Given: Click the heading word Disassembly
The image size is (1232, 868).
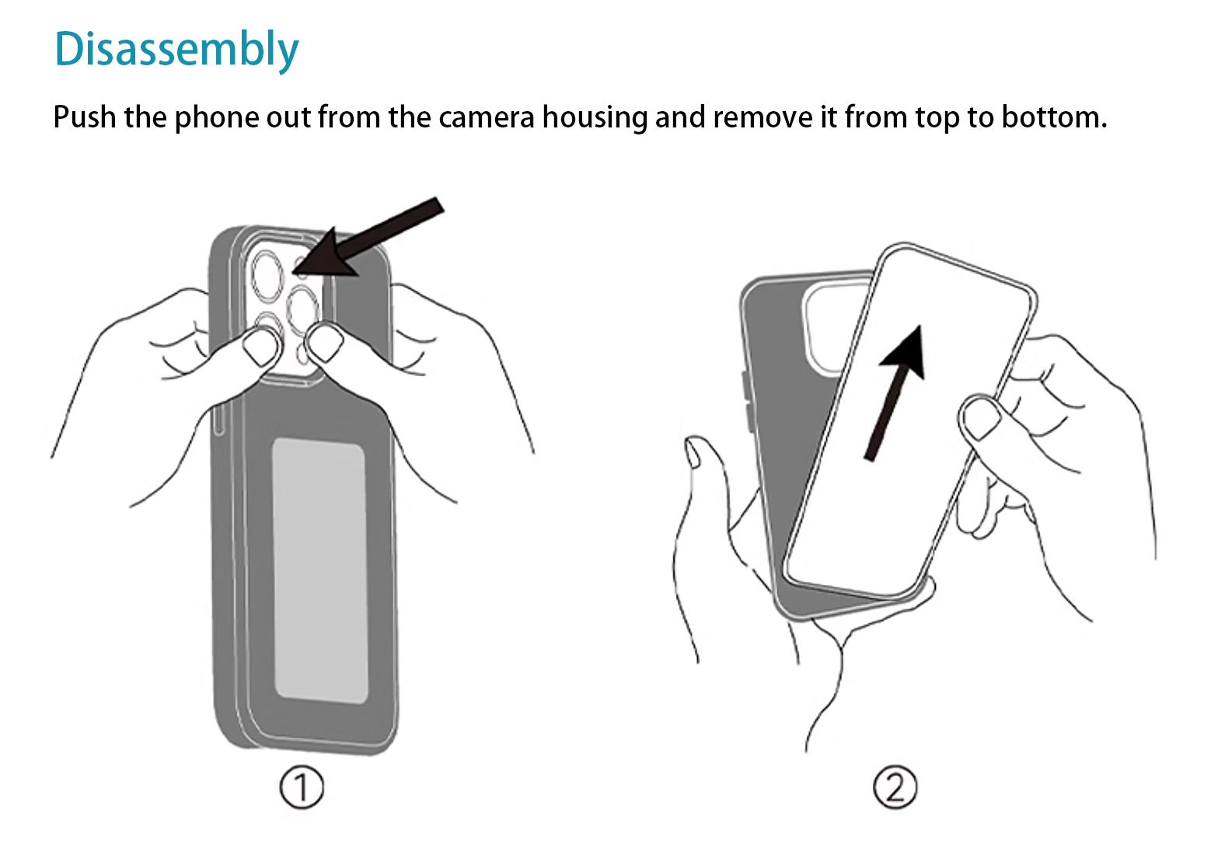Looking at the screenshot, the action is point(176,49).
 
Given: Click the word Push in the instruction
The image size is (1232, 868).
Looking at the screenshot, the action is point(85,117).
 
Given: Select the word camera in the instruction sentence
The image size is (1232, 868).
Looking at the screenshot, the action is point(486,117).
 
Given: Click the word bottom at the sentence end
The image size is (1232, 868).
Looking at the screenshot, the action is point(1054,117).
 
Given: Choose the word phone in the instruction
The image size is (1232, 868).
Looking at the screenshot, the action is point(216,118).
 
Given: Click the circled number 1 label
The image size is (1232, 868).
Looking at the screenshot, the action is point(301,787).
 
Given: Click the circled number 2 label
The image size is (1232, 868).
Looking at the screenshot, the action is point(895,787).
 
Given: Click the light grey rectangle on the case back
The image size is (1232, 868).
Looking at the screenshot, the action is point(319,570).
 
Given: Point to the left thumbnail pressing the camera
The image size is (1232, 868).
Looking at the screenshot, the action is point(262,347).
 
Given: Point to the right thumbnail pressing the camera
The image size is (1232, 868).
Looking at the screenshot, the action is point(326,343).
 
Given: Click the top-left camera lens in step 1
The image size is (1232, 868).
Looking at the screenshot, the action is point(267,274).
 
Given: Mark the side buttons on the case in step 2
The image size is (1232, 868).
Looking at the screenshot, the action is point(745,401).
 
